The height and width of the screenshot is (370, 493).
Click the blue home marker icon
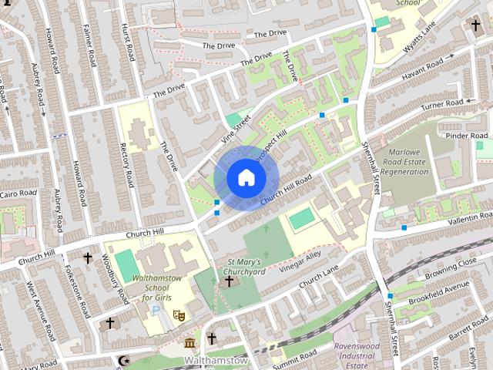pos(246,177)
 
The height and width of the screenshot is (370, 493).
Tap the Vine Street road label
pos(236,129)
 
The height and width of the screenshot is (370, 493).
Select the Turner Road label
pos(442,104)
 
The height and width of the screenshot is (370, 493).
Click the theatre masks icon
pos(179,314)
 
